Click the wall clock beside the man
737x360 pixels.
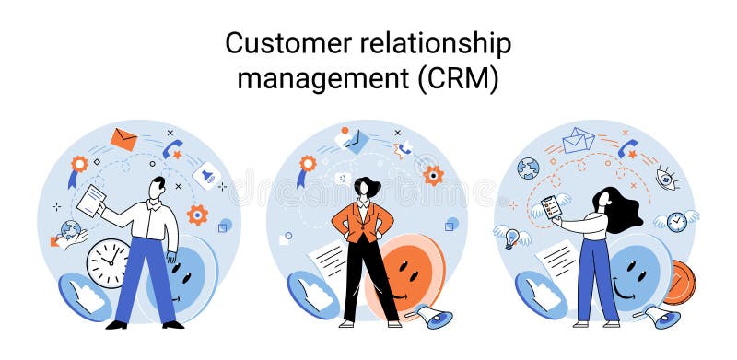(108, 262)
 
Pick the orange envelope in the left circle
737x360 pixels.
(123, 139)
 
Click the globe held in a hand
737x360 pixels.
(70, 231)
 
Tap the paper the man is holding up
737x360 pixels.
(91, 200)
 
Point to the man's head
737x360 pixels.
(158, 186)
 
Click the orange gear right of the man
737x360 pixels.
(197, 215)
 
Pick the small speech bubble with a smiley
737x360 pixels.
(343, 178)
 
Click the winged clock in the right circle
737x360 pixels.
(676, 221)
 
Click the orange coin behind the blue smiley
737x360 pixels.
(680, 282)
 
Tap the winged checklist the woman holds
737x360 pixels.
(551, 208)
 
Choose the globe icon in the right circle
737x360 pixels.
(528, 168)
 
